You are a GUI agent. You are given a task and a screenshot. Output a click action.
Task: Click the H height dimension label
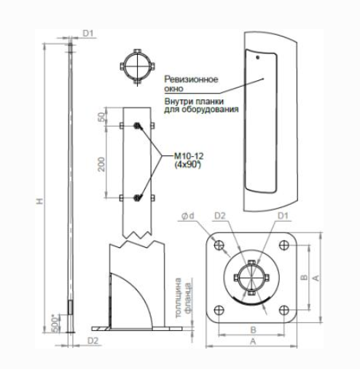40,201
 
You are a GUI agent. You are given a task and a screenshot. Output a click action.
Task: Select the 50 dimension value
103,117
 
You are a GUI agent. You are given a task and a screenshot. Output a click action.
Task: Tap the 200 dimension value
102,164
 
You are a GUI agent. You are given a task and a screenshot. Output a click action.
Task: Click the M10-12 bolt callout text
189,156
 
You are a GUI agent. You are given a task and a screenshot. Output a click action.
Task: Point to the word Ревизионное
191,79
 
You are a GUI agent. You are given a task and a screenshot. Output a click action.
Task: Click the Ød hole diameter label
189,216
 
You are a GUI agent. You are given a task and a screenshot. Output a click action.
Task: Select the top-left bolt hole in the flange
219,245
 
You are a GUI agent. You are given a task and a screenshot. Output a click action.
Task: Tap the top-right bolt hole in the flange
284,245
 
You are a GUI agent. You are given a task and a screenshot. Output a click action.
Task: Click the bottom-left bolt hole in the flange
219,310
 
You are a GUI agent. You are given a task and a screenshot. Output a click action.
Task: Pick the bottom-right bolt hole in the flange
284,310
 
